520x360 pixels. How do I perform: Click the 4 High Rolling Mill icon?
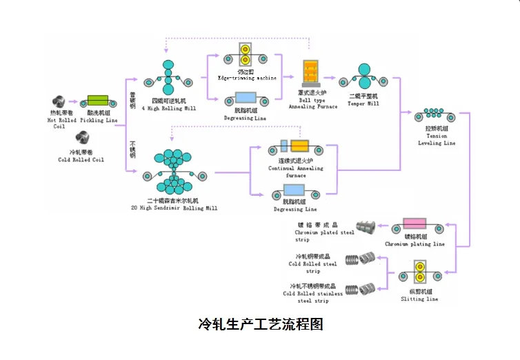pos(169,77)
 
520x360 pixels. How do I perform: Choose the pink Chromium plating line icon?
pos(415,225)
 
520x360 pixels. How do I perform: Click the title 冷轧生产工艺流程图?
pos(260,324)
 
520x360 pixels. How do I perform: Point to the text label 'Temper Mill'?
pos(363,105)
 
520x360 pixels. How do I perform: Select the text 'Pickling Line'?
pos(99,120)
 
